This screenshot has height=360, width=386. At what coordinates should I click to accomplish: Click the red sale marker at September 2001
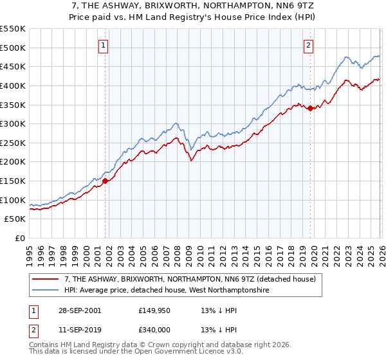pyautogui.click(x=106, y=181)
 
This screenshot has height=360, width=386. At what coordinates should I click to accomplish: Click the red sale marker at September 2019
pyautogui.click(x=309, y=108)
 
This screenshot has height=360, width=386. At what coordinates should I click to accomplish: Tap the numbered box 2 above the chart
pyautogui.click(x=309, y=45)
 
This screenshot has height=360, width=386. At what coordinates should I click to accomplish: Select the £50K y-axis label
pyautogui.click(x=15, y=219)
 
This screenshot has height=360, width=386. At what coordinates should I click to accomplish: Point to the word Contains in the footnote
pyautogui.click(x=44, y=346)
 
